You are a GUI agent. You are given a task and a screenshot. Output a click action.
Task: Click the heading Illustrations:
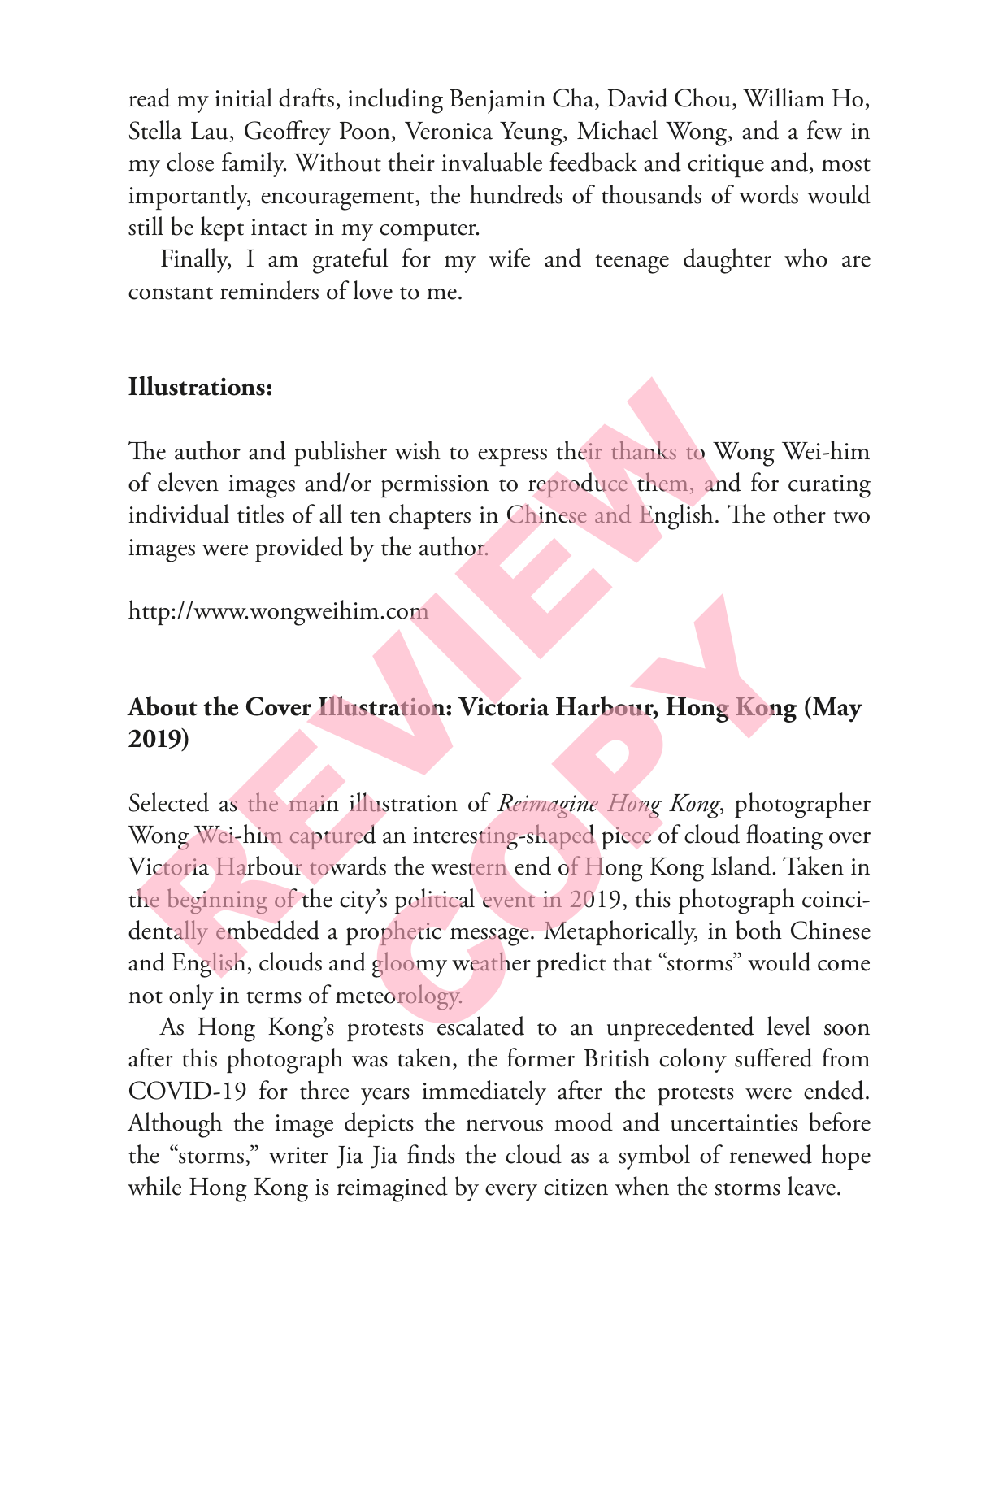coord(200,387)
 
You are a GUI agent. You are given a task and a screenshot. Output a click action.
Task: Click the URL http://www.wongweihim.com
coord(278,611)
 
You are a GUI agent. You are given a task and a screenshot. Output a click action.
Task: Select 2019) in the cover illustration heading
coord(159,740)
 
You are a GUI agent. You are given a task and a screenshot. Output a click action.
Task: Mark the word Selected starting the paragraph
coord(168,804)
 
